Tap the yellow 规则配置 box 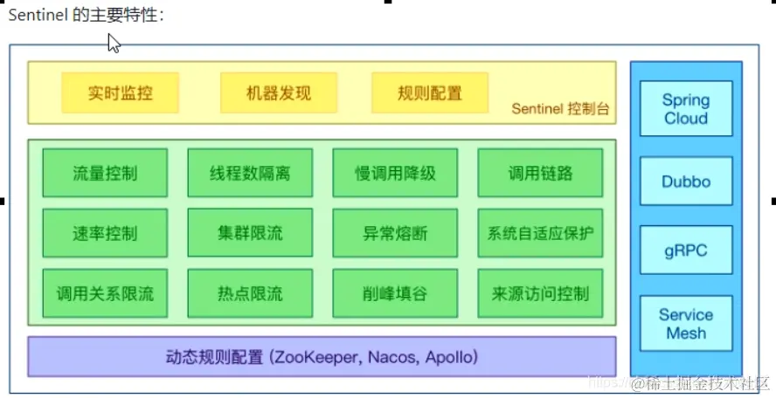(x=429, y=93)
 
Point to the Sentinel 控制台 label (x=559, y=110)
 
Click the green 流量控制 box (x=105, y=173)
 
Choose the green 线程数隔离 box (x=250, y=173)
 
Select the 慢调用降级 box (x=395, y=173)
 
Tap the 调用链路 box (x=540, y=173)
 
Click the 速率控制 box (x=105, y=233)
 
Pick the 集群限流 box (x=250, y=233)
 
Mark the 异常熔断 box (x=395, y=233)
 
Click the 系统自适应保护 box (x=540, y=233)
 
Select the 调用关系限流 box (x=105, y=294)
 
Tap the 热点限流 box (x=250, y=294)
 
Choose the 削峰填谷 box (x=395, y=294)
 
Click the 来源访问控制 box (x=540, y=294)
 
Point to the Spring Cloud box (x=686, y=109)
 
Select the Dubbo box (x=686, y=182)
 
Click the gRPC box (x=686, y=251)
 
